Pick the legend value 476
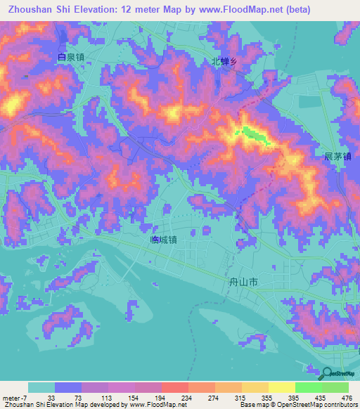click(345, 398)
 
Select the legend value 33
click(51, 398)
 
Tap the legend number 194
click(160, 398)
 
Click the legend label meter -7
click(14, 398)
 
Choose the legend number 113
click(106, 398)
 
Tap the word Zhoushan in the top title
click(32, 11)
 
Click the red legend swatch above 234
click(174, 388)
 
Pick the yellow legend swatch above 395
click(281, 388)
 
